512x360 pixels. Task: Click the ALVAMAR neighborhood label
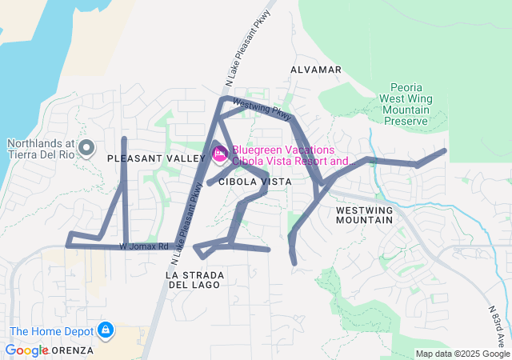point(316,70)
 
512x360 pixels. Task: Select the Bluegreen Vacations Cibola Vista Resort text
point(291,155)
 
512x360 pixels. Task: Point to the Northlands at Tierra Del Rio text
point(40,149)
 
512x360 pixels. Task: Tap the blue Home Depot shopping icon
point(105,329)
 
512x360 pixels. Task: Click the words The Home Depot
point(50,331)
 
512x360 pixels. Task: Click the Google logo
point(26,350)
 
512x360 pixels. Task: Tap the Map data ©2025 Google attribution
point(462,354)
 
